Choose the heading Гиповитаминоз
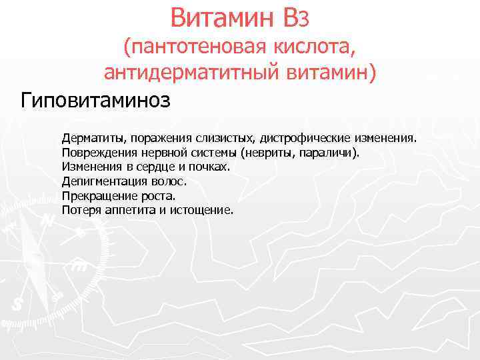coord(96,101)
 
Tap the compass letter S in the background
coord(18,305)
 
